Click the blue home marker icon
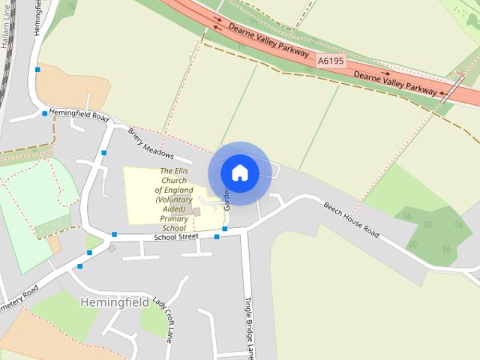point(239,172)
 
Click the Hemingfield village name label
point(113,302)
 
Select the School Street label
point(175,237)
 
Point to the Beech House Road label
point(351,219)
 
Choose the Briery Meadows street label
point(150,144)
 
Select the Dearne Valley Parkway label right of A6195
point(394,82)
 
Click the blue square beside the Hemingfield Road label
point(45,114)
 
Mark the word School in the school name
point(173,227)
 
